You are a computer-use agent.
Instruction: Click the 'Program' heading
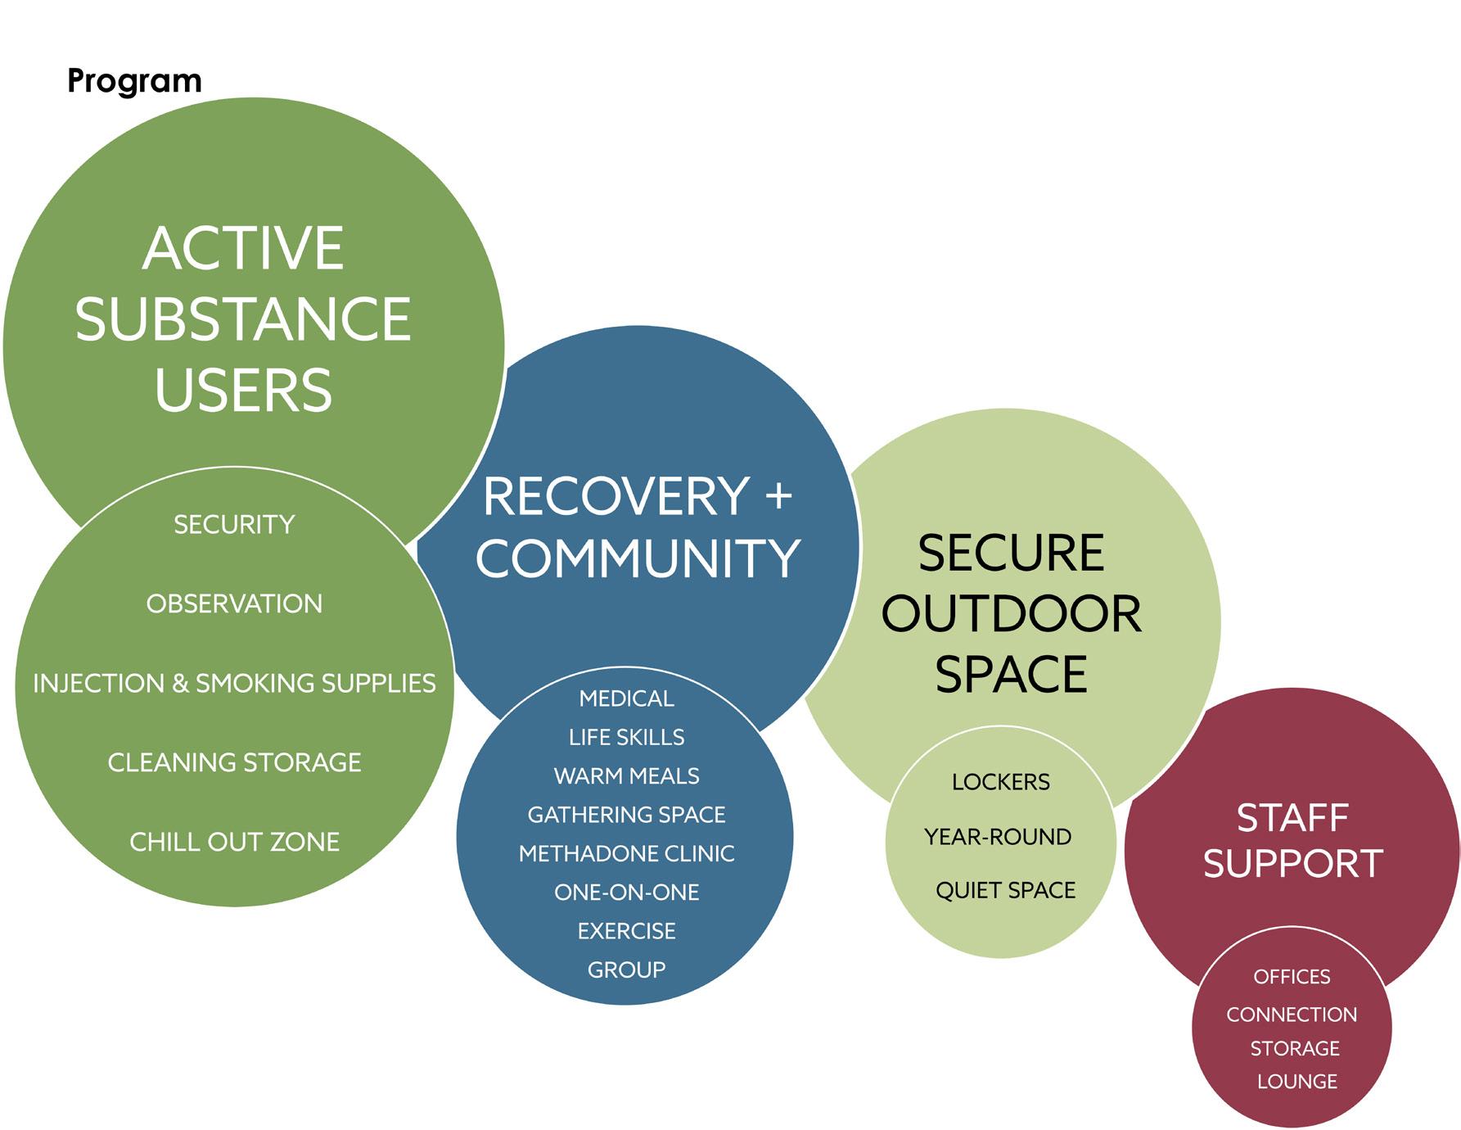134,81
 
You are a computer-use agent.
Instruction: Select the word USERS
243,390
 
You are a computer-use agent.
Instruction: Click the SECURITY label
234,524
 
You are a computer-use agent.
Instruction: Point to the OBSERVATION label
234,603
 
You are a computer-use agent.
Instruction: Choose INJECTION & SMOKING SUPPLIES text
234,683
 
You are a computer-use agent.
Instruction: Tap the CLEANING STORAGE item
234,762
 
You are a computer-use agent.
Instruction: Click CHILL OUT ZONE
234,842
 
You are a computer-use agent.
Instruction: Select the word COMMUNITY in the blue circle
638,558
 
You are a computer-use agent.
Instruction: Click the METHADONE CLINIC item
626,853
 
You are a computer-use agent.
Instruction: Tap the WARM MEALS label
626,775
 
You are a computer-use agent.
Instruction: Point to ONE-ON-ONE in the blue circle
626,892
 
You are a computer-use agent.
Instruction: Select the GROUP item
626,970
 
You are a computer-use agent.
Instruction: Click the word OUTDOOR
1011,613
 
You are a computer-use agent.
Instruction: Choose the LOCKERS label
1000,782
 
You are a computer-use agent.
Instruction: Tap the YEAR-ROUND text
998,837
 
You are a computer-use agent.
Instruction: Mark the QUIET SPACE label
1005,890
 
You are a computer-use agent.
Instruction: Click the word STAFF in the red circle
1292,817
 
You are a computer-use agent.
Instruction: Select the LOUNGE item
1296,1082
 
